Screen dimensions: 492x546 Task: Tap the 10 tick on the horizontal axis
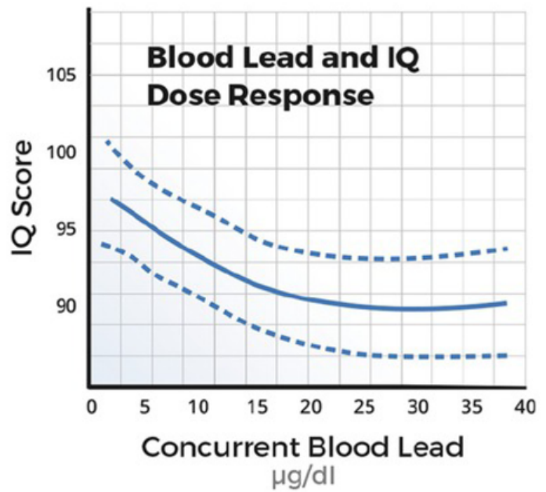click(198, 407)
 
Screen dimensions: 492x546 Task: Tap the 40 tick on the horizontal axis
click(525, 407)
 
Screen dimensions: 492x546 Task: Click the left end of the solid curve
click(113, 199)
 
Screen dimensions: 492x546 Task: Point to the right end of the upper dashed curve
click(508, 248)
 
